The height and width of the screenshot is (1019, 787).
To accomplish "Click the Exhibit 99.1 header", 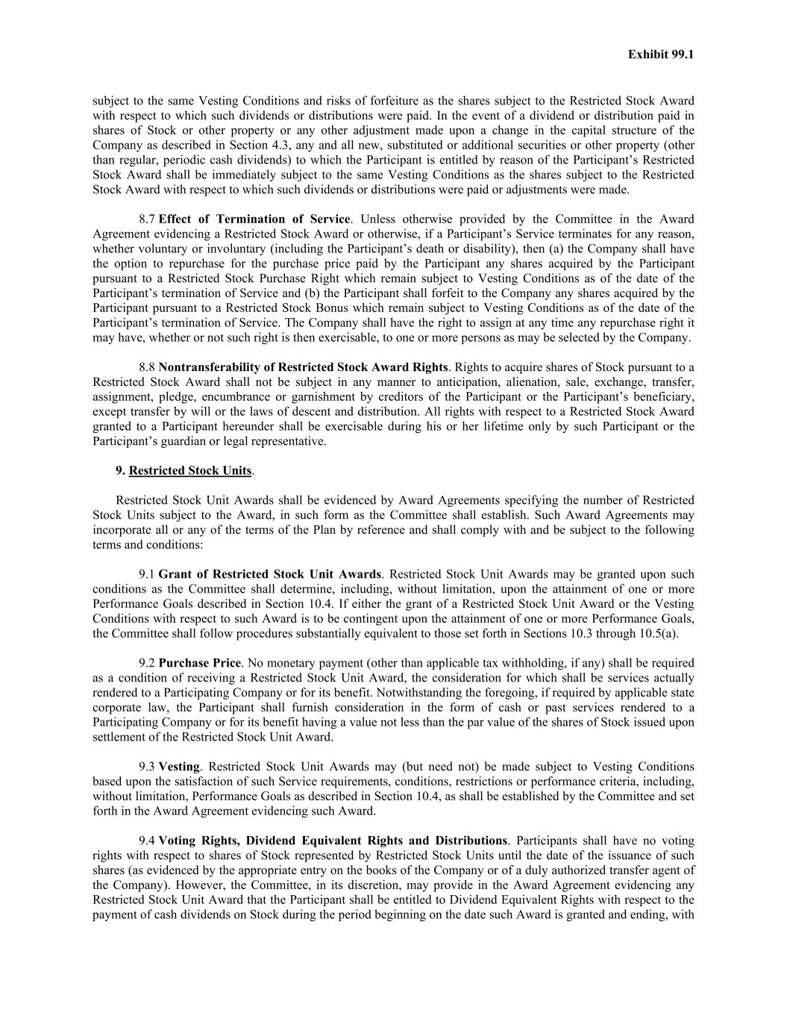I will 660,54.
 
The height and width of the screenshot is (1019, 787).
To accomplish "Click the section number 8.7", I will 147,219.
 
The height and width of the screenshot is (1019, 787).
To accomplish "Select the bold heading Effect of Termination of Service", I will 254,219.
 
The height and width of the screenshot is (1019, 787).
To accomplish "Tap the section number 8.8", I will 147,367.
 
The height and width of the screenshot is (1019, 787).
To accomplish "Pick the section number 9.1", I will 147,575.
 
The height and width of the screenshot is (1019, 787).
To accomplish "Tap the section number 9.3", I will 147,767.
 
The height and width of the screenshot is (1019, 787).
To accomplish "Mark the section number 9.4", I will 147,841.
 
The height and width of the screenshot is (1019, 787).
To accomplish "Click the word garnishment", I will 312,397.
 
